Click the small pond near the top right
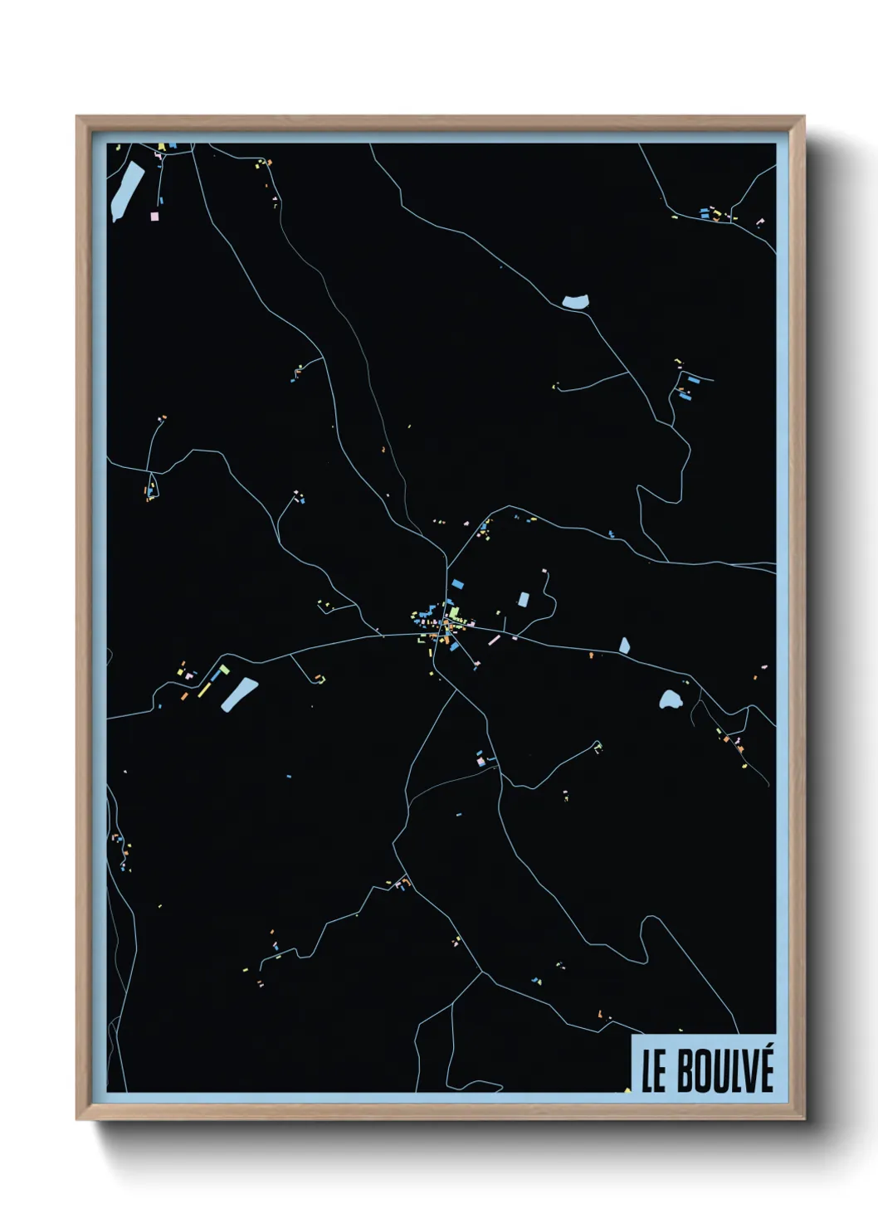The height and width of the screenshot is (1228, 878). (x=575, y=302)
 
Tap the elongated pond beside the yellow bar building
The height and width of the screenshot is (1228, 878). (x=240, y=694)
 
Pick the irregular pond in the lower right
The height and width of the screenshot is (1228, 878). (x=670, y=699)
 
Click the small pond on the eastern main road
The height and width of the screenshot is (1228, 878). (x=624, y=645)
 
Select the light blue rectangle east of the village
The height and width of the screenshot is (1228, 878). (x=523, y=599)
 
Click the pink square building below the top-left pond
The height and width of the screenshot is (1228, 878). (x=154, y=216)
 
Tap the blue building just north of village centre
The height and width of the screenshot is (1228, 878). (x=457, y=583)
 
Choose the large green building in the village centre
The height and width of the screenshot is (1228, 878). (x=454, y=612)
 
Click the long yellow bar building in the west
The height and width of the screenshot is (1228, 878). (x=205, y=686)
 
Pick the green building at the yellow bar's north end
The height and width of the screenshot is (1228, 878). (x=224, y=669)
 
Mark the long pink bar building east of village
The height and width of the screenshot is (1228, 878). (x=495, y=640)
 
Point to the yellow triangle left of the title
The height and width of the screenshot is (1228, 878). (x=627, y=1089)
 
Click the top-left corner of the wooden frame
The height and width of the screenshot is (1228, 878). (x=78, y=118)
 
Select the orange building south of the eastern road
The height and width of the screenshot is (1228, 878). (x=591, y=655)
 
